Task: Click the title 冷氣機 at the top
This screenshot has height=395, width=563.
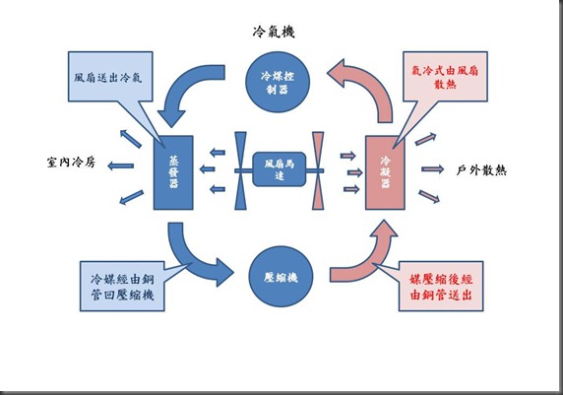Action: (274, 32)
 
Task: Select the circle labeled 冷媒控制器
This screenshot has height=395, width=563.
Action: (278, 83)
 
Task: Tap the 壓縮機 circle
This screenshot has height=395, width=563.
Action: (281, 277)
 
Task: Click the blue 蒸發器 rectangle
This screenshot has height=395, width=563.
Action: (173, 172)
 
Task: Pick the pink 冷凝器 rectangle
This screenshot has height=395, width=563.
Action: (385, 172)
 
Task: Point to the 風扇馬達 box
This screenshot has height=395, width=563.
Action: (280, 169)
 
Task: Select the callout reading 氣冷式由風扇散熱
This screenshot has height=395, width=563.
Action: (445, 77)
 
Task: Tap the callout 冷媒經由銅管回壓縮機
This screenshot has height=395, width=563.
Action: (122, 287)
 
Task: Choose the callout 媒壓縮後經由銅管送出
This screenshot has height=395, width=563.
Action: (441, 287)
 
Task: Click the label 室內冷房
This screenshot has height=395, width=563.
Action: (71, 163)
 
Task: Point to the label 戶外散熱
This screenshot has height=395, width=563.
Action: (481, 170)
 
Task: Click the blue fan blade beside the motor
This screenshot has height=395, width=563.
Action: (240, 170)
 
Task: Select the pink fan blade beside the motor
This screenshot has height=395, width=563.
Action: (318, 170)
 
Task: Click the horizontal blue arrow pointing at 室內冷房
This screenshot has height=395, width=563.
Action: (121, 166)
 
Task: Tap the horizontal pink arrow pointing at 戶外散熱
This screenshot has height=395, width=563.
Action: (433, 168)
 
